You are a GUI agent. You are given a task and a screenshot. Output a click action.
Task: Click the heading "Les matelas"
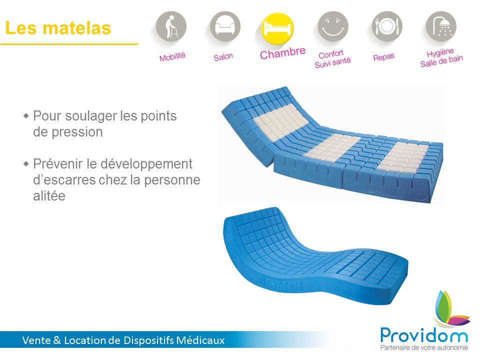[58, 28]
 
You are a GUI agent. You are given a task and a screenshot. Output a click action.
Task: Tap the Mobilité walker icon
[171, 26]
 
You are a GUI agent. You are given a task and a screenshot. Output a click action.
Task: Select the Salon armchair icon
[225, 26]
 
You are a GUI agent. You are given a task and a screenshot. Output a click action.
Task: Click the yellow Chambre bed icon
[277, 28]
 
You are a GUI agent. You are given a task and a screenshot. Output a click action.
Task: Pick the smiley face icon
[333, 26]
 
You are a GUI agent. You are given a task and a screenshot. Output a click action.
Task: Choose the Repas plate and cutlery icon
[387, 26]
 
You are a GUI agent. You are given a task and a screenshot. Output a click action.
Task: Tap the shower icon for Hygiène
[441, 26]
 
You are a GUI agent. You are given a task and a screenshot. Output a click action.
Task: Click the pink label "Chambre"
[282, 53]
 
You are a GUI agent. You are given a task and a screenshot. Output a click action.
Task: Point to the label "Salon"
[223, 57]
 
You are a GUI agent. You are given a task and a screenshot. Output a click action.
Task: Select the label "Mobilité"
[172, 56]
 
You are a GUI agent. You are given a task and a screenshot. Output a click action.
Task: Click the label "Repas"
[383, 57]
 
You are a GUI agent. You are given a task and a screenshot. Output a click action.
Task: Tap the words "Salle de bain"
[441, 61]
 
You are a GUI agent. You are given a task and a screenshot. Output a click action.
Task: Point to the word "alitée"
[49, 196]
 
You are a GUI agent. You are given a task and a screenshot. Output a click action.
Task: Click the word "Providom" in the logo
[424, 335]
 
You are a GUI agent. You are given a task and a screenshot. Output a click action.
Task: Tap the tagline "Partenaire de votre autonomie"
[424, 348]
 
